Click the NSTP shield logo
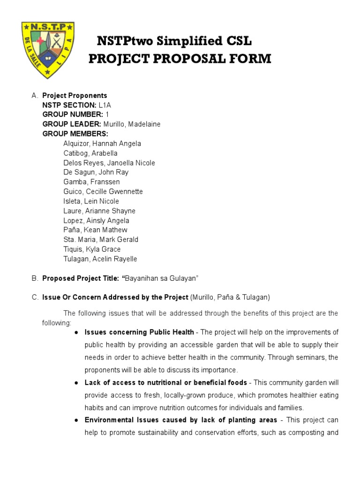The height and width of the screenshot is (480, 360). pos(48,49)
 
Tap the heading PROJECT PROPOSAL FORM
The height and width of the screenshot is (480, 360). pos(180,59)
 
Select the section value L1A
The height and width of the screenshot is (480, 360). pos(105,105)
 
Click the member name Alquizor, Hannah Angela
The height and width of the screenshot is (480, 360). pos(102,143)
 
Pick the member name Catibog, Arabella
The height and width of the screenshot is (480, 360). pos(90,153)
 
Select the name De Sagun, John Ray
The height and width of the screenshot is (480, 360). pos(96,172)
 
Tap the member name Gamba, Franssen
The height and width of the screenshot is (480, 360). pos(92,182)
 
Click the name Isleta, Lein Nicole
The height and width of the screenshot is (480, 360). pos(91,201)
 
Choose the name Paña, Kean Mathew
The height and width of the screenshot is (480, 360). pos(95,230)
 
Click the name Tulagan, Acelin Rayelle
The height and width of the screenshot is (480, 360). pos(100,259)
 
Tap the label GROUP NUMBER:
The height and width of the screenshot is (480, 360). pos(73,114)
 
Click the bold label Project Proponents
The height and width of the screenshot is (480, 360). pos(75,96)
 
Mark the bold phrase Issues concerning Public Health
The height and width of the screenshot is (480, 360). pos(139,332)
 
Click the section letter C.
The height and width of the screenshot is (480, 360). pos(34,297)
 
